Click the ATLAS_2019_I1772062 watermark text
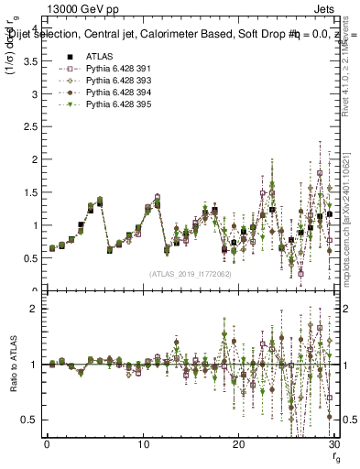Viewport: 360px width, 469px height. tap(190, 273)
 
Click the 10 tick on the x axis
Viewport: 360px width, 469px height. tap(143, 445)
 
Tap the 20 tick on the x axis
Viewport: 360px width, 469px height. tap(239, 445)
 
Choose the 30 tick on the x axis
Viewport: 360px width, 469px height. tap(334, 445)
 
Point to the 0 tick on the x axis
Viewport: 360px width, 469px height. tap(47, 445)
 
